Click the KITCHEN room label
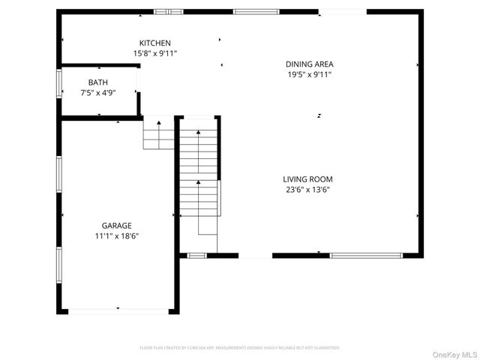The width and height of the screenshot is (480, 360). [155, 43]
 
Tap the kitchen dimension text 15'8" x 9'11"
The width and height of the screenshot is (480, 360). [155, 53]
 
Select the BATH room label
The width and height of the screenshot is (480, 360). [97, 82]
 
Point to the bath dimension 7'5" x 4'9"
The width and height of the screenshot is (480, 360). [97, 92]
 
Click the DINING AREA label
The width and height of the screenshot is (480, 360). [309, 64]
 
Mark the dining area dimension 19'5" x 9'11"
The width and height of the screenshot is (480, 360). [309, 74]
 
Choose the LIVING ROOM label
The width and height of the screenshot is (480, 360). [307, 179]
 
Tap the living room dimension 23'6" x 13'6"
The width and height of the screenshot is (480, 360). [307, 190]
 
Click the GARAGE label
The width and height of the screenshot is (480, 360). [117, 226]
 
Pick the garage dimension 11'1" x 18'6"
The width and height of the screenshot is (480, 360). [117, 235]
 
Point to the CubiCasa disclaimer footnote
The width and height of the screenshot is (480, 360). [240, 348]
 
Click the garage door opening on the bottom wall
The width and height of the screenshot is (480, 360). [118, 310]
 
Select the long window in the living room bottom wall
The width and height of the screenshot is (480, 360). [365, 256]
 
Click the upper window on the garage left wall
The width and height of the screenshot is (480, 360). [59, 175]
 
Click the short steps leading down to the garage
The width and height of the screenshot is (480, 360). [158, 135]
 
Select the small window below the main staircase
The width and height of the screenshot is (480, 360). [196, 256]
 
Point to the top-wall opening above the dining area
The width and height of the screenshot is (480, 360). [342, 11]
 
